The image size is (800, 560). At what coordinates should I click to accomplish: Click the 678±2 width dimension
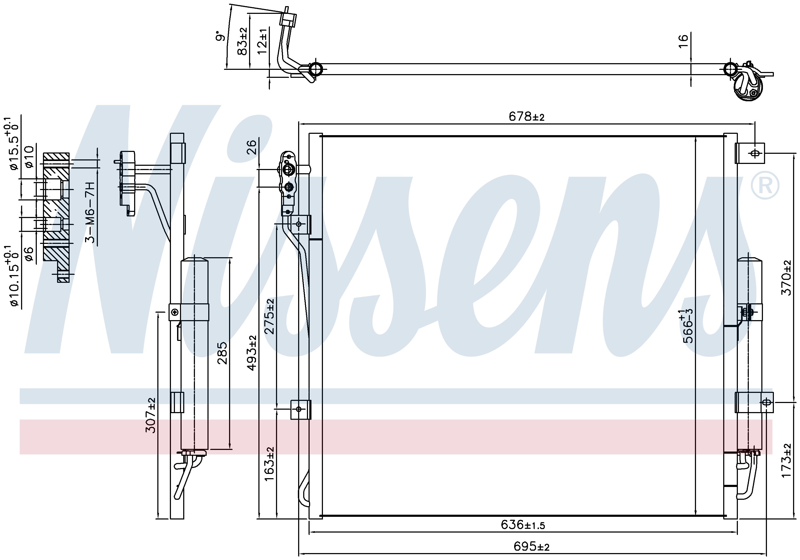526,116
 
